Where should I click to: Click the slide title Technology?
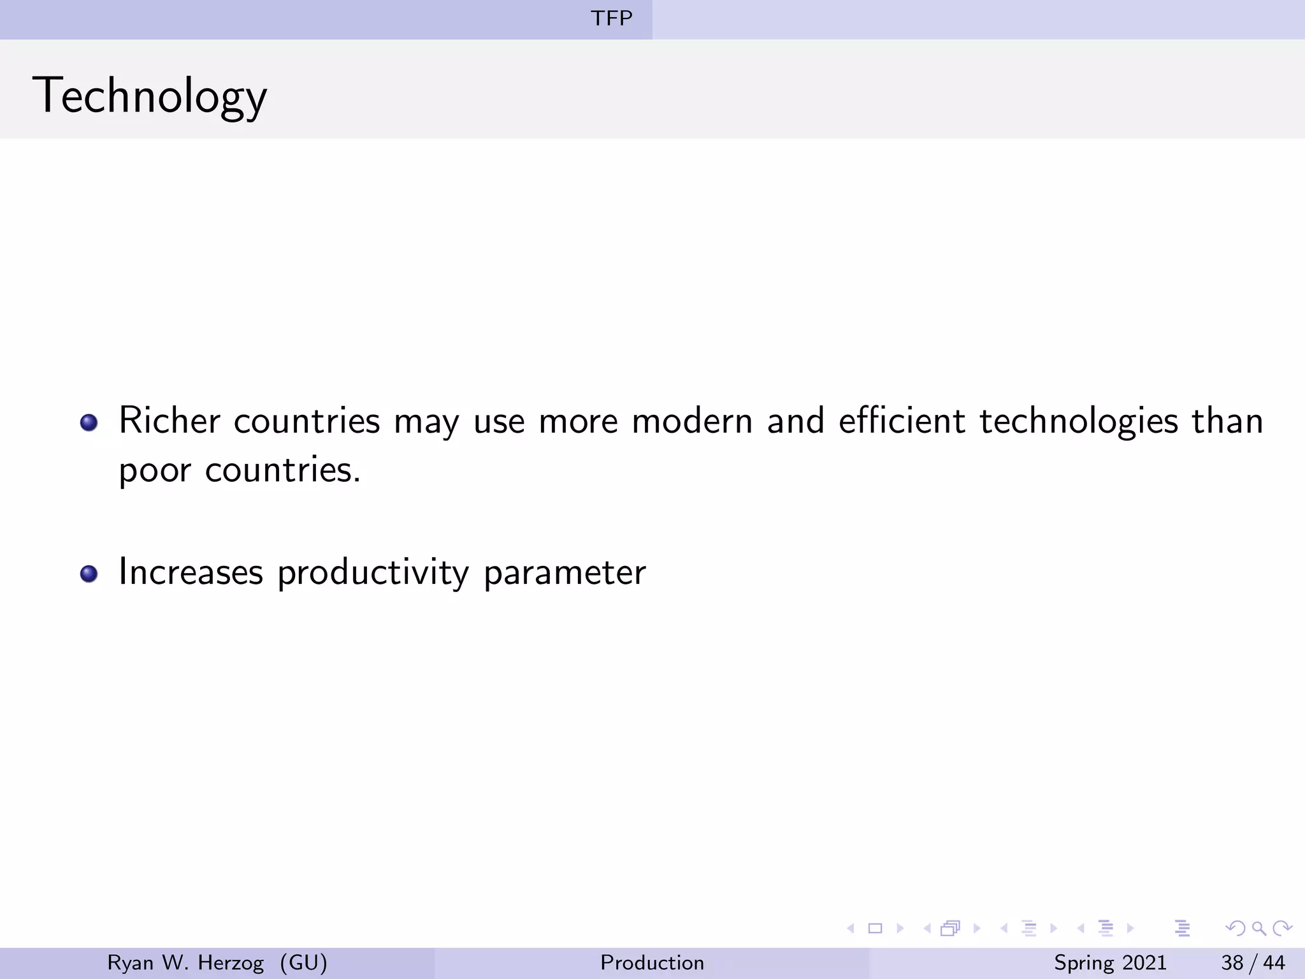(150, 96)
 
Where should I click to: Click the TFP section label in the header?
(611, 18)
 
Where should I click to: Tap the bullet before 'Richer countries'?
(89, 423)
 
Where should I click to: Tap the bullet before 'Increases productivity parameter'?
(89, 574)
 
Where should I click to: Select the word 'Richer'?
(169, 421)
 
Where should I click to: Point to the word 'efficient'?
(902, 421)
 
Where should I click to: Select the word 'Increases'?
(191, 572)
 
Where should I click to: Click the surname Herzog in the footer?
(231, 962)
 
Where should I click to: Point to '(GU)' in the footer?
(303, 962)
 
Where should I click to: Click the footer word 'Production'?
(652, 962)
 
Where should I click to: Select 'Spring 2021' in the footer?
(1110, 962)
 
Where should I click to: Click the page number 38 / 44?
(1253, 962)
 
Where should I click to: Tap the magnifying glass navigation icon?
(1258, 928)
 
